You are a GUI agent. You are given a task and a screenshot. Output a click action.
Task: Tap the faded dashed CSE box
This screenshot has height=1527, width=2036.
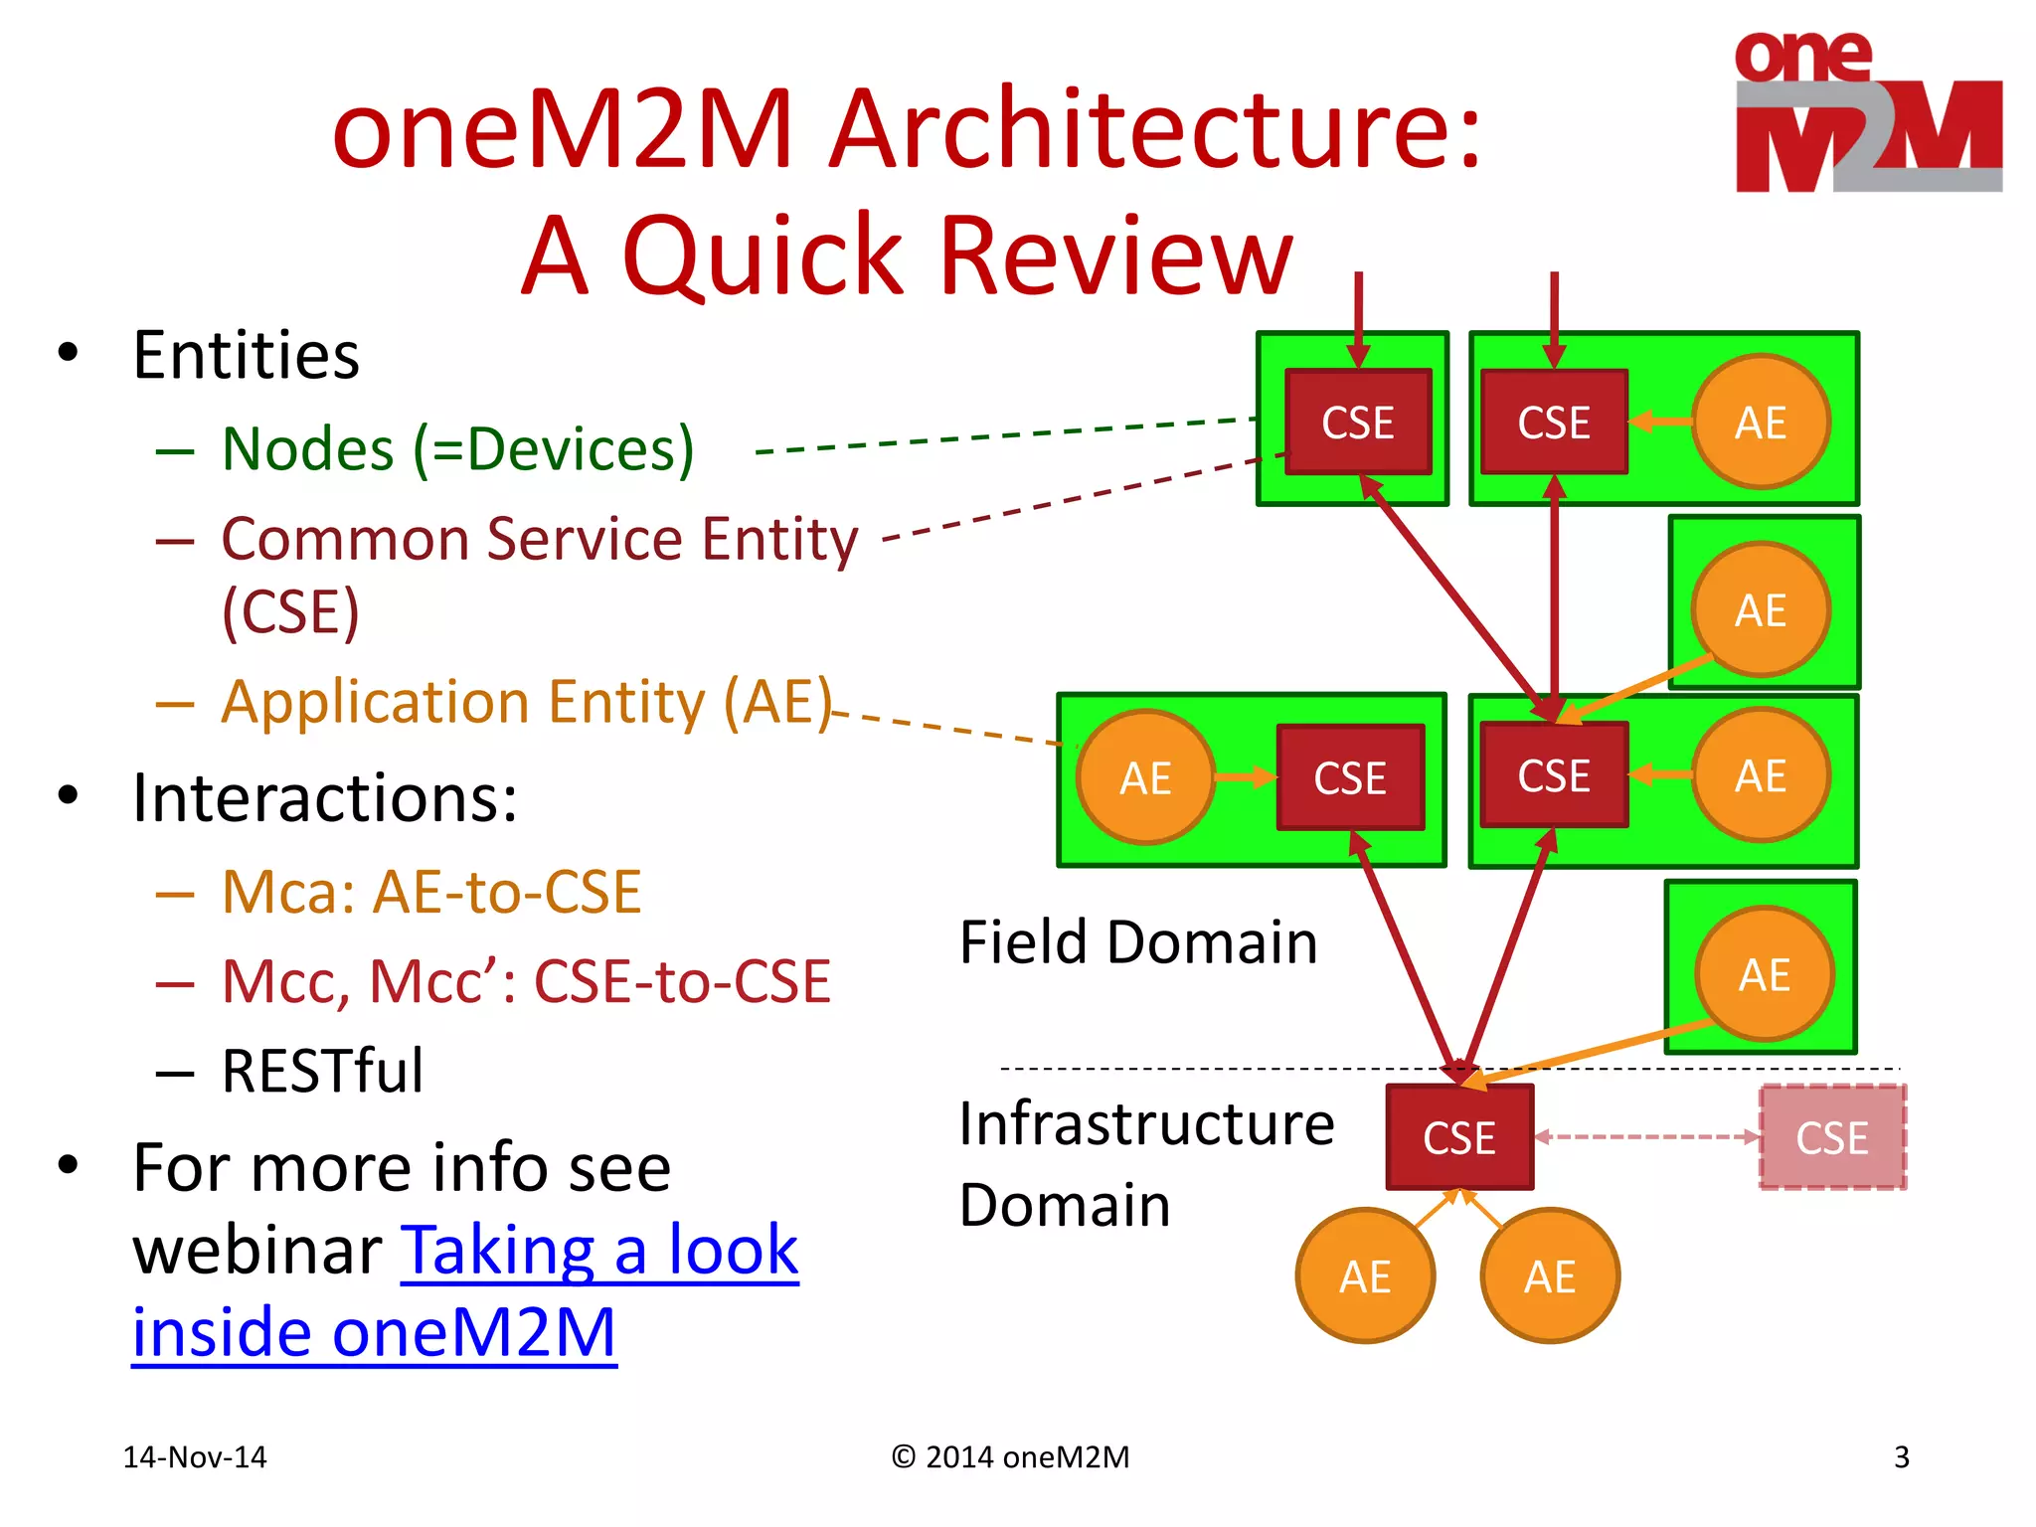click(1831, 1137)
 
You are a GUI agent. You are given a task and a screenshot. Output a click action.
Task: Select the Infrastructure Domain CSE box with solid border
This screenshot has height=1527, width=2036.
click(1458, 1137)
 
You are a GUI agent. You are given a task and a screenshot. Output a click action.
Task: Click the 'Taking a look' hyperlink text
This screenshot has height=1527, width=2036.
click(598, 1250)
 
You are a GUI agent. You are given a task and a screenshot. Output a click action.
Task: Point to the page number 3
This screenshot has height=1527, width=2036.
click(1901, 1457)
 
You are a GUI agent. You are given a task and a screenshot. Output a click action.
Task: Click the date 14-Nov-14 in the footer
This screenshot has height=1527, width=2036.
click(195, 1457)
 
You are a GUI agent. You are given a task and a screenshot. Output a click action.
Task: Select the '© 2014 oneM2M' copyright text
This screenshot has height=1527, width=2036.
click(1010, 1457)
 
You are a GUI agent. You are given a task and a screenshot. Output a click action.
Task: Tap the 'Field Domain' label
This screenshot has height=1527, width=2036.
click(1137, 942)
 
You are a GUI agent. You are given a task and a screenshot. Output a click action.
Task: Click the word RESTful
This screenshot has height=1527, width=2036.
click(322, 1072)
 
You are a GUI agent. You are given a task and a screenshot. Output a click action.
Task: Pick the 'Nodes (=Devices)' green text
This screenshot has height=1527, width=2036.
click(457, 449)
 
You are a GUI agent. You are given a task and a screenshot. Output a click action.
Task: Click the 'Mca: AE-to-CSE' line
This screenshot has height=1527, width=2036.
click(430, 892)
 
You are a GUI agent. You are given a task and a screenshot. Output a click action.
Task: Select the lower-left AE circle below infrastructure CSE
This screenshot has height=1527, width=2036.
click(1365, 1276)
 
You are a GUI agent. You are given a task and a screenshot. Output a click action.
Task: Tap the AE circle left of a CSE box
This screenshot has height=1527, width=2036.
click(1145, 777)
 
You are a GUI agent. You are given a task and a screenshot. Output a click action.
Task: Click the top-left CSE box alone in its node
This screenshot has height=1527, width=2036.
click(1357, 423)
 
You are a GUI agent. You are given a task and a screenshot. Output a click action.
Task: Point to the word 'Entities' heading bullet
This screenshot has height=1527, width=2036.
click(246, 356)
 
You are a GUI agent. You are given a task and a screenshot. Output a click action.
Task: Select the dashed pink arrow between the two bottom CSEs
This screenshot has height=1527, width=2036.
click(1646, 1137)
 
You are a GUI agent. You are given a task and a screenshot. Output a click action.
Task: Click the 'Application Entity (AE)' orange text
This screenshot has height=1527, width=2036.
click(526, 702)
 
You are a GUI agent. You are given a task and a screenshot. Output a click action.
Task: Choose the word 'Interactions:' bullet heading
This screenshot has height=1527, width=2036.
click(324, 798)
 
